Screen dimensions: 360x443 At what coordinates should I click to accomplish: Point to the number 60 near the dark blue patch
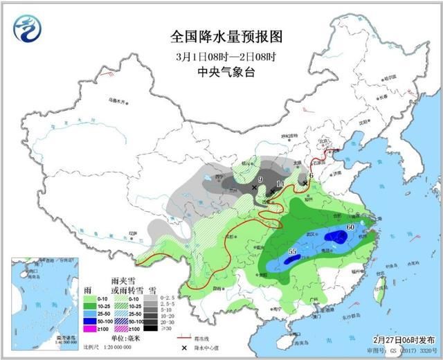click(x=350, y=226)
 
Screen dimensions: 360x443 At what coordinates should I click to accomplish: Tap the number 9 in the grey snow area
click(x=260, y=180)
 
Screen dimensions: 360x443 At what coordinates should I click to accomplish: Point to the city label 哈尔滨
click(x=392, y=71)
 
